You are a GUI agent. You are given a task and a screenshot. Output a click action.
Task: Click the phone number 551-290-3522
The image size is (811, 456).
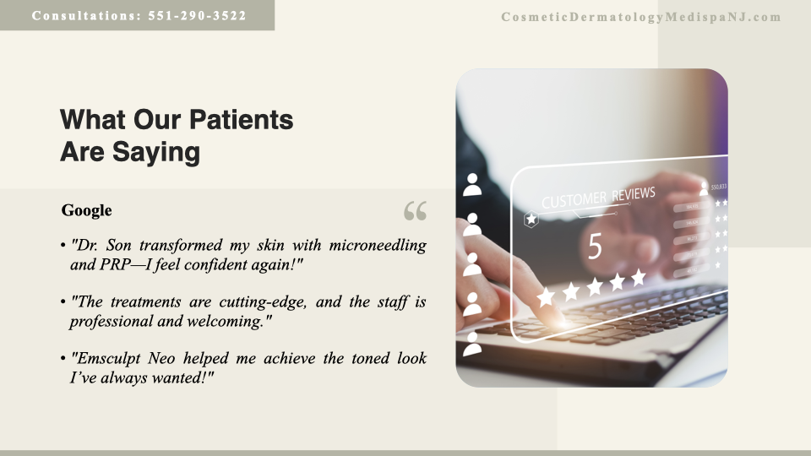click(x=197, y=15)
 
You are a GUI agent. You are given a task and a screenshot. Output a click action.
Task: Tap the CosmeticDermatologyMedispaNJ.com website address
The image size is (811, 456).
click(x=641, y=17)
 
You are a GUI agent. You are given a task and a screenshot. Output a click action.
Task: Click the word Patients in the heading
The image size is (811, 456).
click(x=241, y=119)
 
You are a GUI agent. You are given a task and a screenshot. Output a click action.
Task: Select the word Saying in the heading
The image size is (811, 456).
click(x=155, y=153)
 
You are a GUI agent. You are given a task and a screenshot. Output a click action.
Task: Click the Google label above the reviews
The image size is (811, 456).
click(x=86, y=210)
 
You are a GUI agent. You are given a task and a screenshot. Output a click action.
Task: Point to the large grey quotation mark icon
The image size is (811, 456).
click(x=416, y=211)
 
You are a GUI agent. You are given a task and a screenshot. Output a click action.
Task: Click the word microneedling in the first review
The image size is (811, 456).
click(x=378, y=245)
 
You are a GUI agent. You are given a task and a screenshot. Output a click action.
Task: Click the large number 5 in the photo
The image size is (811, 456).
click(x=595, y=246)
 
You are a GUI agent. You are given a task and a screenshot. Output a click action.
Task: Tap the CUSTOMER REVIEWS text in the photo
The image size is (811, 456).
click(x=598, y=197)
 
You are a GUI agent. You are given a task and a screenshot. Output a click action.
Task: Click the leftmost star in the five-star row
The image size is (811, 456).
click(x=547, y=296)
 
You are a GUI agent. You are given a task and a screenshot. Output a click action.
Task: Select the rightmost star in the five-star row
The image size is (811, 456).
click(x=639, y=277)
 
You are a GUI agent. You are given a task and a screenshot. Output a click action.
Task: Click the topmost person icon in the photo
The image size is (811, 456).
click(x=471, y=185)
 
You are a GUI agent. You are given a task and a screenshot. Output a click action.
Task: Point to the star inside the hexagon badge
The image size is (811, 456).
click(x=531, y=220)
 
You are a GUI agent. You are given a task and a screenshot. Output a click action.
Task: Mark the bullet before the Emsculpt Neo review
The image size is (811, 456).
click(x=63, y=358)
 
